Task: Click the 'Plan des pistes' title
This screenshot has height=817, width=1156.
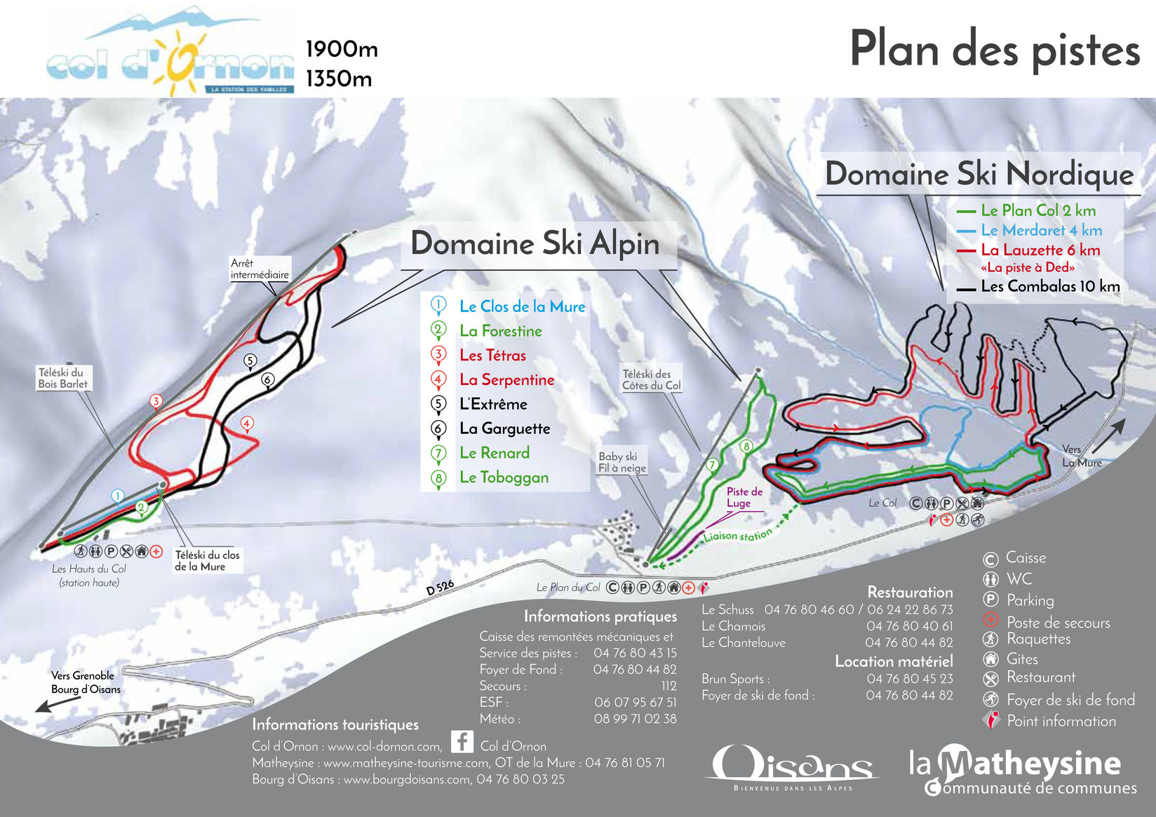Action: click(994, 49)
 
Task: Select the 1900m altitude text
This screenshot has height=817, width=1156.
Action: click(342, 49)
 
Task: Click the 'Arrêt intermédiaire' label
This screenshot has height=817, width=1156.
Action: click(259, 269)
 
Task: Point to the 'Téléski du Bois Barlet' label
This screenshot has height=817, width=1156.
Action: click(62, 378)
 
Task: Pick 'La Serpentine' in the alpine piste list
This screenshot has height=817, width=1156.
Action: click(506, 380)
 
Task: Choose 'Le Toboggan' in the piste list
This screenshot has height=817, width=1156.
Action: click(504, 478)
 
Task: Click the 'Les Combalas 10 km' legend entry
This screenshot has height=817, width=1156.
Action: click(1049, 286)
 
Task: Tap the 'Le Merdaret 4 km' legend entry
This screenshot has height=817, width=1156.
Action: click(1041, 230)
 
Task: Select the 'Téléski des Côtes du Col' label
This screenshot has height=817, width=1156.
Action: click(651, 379)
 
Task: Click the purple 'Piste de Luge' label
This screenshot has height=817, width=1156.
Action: click(744, 497)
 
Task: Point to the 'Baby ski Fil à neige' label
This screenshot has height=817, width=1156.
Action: click(621, 462)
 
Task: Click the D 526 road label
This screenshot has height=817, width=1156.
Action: click(440, 588)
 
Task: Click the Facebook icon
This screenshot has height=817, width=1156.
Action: click(462, 741)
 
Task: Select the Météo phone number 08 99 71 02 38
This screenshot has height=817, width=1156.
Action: click(635, 719)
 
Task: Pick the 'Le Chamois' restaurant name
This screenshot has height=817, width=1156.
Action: click(733, 626)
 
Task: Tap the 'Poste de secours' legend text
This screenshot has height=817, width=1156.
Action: click(1058, 623)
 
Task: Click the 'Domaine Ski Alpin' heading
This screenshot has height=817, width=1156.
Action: click(535, 244)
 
